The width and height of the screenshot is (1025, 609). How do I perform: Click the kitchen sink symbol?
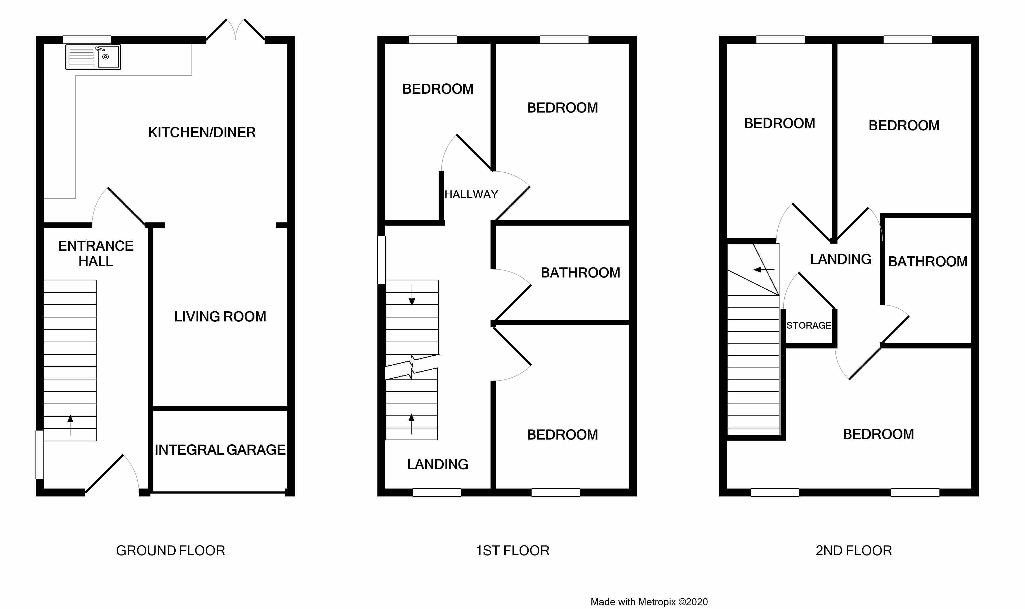pyautogui.click(x=93, y=57)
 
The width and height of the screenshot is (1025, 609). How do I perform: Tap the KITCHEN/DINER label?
pyautogui.click(x=202, y=133)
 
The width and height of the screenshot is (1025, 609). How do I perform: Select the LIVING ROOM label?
pyautogui.click(x=220, y=317)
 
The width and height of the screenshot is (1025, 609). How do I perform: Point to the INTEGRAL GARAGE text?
pyautogui.click(x=220, y=450)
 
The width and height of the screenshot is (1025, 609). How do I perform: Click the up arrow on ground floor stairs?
pyautogui.click(x=70, y=425)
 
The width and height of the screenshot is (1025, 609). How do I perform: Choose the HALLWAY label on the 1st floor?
pyautogui.click(x=471, y=195)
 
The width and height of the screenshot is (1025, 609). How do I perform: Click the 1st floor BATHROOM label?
pyautogui.click(x=581, y=273)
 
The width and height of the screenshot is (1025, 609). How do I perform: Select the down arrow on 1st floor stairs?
pyautogui.click(x=412, y=295)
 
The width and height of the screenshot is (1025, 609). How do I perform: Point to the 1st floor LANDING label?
pyautogui.click(x=438, y=464)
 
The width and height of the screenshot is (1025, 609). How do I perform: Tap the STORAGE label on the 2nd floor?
pyautogui.click(x=809, y=325)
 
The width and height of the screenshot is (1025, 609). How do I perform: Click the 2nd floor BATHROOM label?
pyautogui.click(x=928, y=262)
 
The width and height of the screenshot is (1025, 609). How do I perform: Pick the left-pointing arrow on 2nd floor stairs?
pyautogui.click(x=764, y=270)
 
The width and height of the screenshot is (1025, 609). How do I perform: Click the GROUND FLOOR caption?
pyautogui.click(x=170, y=551)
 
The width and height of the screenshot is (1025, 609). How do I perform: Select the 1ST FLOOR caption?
pyautogui.click(x=512, y=551)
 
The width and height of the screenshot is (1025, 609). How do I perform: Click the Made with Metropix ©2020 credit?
pyautogui.click(x=649, y=602)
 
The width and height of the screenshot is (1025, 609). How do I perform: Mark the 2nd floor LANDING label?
pyautogui.click(x=841, y=259)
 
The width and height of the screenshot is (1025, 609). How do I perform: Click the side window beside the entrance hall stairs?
pyautogui.click(x=40, y=454)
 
